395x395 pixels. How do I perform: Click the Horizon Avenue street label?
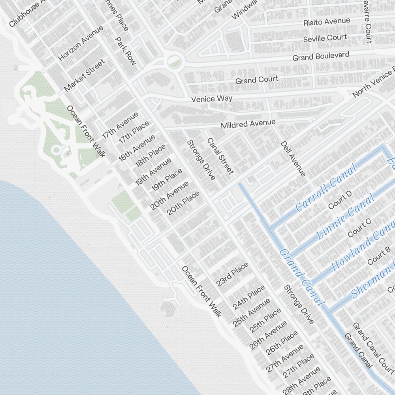click(81, 43)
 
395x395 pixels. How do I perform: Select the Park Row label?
click(125, 51)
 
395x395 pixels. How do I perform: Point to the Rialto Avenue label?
click(327, 22)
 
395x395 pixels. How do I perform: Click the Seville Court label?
click(325, 38)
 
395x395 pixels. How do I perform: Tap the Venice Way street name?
click(212, 98)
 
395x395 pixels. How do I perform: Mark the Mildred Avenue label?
click(248, 124)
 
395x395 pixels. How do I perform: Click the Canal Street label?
click(220, 156)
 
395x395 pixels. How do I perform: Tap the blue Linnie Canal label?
click(346, 216)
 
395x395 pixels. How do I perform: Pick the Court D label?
click(340, 200)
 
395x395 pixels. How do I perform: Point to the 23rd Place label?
click(232, 274)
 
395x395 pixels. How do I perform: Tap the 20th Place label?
click(183, 203)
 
